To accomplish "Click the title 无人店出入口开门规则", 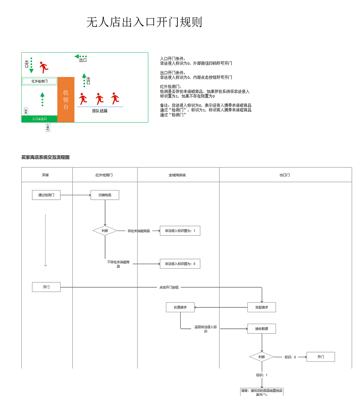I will tap(144, 22).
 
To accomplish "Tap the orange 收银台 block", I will tap(66, 100).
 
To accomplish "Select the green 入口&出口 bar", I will tap(39, 119).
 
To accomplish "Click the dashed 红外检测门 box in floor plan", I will tap(39, 81).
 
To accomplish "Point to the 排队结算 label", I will tap(100, 111).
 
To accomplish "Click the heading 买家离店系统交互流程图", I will tap(45, 157).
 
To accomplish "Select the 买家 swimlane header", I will tap(46, 175).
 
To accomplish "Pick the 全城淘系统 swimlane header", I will tap(177, 175).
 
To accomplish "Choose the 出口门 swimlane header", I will tap(284, 175).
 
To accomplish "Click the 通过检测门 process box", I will tap(46, 195).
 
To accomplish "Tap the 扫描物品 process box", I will tap(105, 195).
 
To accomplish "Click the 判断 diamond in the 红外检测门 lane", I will tap(105, 231).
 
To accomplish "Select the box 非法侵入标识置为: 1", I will tap(180, 231).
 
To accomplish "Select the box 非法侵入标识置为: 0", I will tap(180, 264).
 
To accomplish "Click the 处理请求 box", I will tap(180, 307).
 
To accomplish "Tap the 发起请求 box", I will tap(262, 307).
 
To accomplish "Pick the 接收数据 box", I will tap(262, 328).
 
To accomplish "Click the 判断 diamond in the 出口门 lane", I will tap(262, 357).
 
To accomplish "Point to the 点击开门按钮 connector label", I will tap(169, 287).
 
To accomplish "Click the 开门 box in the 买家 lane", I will tap(46, 287).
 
